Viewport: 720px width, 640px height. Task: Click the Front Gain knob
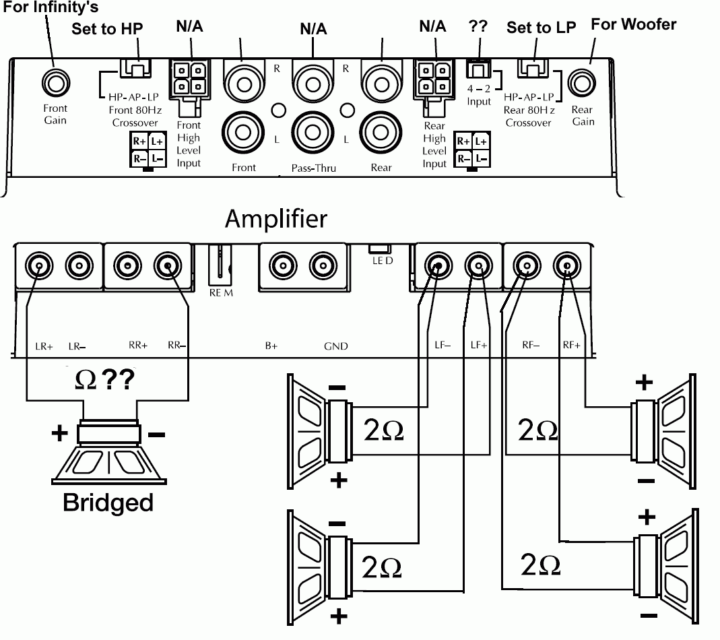[55, 84]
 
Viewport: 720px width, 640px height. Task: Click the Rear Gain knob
[582, 84]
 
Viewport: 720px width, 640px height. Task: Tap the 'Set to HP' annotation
[108, 29]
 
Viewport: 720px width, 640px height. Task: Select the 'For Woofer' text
[633, 24]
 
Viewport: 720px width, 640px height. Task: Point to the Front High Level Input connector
[189, 79]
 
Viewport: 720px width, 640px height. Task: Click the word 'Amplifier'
[276, 218]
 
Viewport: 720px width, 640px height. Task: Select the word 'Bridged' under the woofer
[108, 503]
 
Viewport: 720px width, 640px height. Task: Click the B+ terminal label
[271, 346]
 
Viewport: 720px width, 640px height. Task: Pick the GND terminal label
[336, 346]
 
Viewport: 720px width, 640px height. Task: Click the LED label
[383, 259]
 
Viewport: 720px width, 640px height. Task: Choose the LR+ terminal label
[44, 346]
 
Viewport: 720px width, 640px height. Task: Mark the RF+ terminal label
[571, 346]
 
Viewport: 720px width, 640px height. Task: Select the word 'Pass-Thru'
[313, 168]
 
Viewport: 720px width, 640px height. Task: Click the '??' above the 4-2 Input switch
[478, 26]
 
